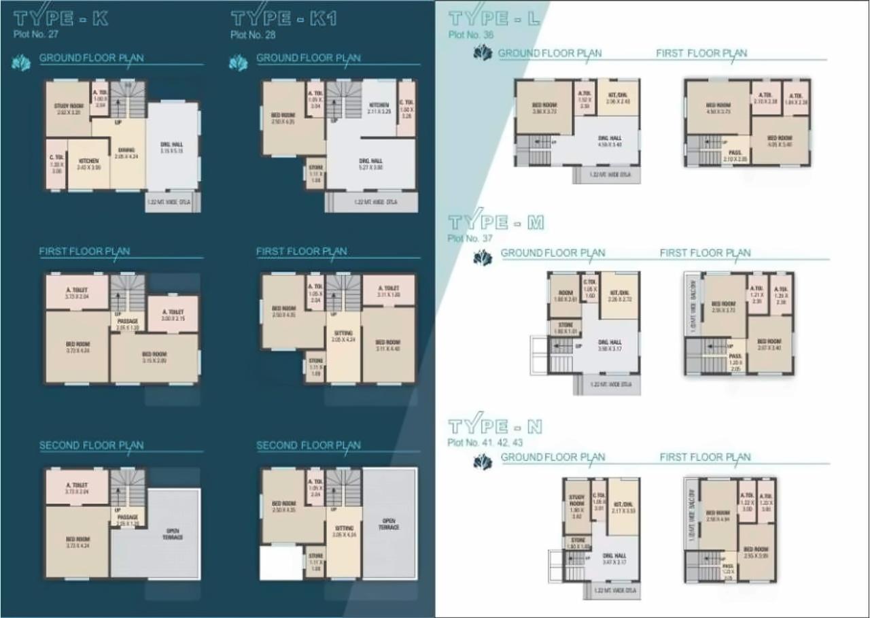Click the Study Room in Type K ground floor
tap(68, 109)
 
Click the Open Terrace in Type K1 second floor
tap(389, 523)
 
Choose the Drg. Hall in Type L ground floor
tap(608, 141)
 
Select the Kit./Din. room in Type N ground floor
tap(623, 507)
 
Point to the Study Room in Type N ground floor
tap(576, 507)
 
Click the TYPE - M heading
tap(496, 222)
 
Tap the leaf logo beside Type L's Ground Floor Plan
tap(483, 53)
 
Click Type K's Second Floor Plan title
tap(91, 445)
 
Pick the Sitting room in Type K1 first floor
tap(343, 336)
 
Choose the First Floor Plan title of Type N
tap(705, 457)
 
